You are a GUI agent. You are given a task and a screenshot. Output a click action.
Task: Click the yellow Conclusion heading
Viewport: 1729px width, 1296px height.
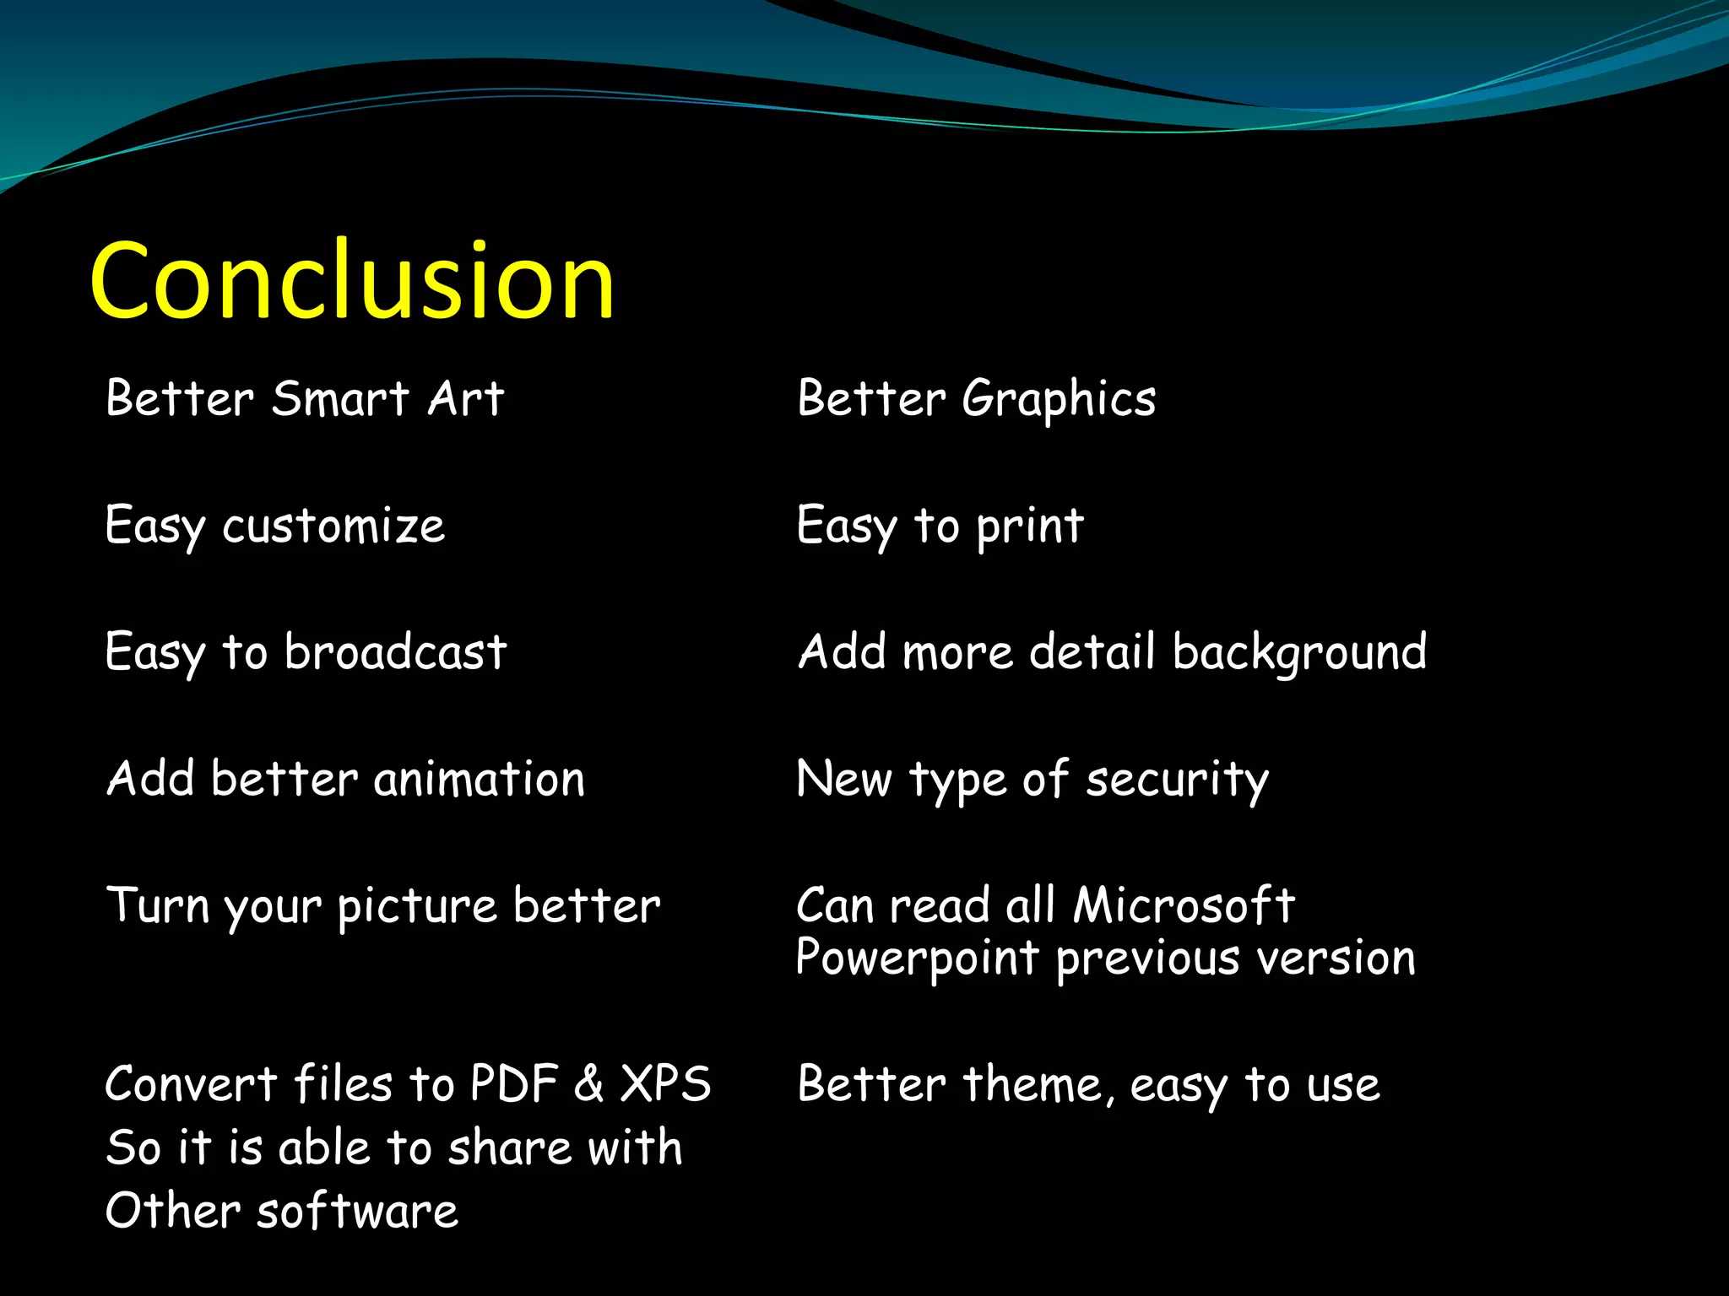[x=352, y=280]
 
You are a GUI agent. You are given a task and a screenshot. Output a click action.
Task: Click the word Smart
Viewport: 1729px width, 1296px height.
[x=340, y=398]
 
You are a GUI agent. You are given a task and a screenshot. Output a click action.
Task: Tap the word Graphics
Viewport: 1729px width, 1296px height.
[x=1059, y=400]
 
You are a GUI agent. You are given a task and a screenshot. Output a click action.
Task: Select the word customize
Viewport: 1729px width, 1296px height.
[x=333, y=526]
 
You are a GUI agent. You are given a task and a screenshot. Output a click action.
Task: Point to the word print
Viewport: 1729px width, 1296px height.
[x=1030, y=527]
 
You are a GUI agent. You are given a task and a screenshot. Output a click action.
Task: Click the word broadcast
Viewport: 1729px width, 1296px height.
[x=395, y=652]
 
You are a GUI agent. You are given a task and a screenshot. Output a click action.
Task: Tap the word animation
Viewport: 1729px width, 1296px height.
[x=479, y=779]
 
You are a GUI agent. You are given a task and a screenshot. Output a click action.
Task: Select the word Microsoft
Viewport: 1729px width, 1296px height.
[x=1184, y=905]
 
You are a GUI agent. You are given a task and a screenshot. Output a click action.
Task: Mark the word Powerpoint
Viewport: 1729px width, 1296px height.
[x=917, y=959]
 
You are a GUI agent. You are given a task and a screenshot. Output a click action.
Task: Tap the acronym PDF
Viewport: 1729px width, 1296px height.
[x=514, y=1084]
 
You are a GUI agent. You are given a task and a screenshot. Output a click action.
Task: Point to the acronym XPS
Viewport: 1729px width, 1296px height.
[x=665, y=1084]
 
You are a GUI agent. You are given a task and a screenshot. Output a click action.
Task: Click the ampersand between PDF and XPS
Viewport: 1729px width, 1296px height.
[x=589, y=1084]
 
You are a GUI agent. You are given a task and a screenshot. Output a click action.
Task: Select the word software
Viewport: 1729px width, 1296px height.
[x=357, y=1212]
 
